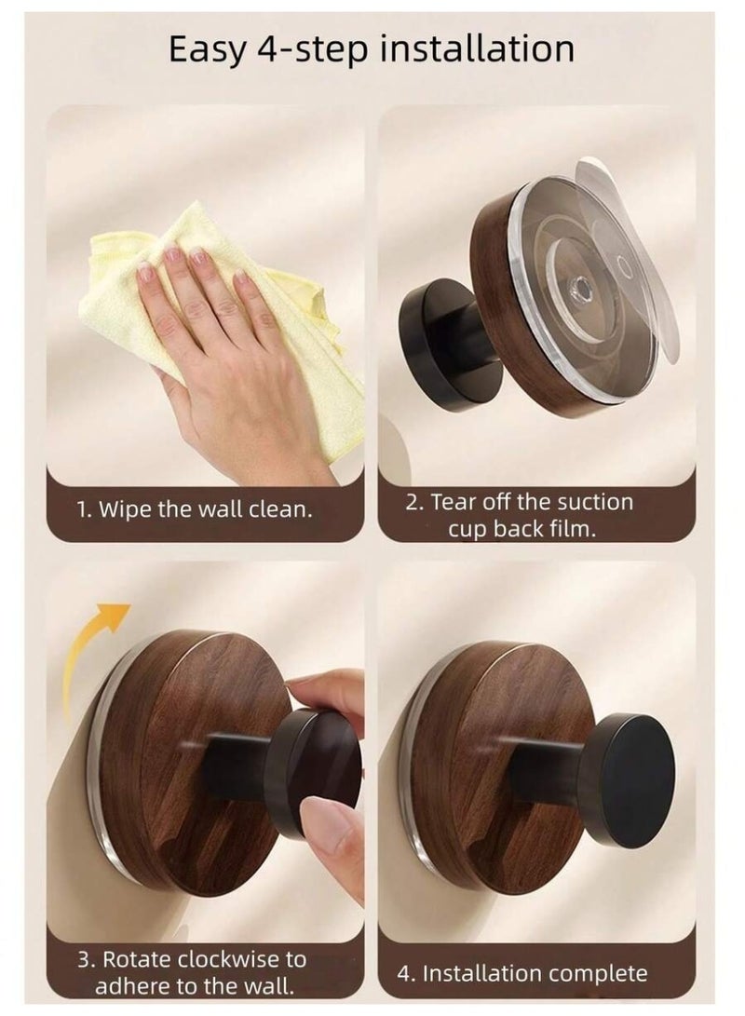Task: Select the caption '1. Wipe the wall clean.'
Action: click(194, 510)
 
